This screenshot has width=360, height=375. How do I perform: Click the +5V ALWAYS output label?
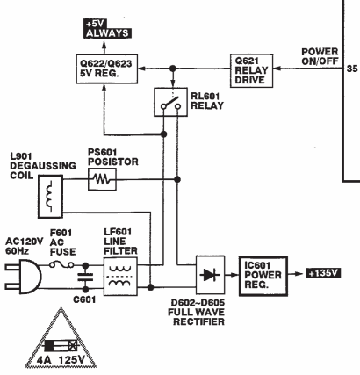tap(107, 29)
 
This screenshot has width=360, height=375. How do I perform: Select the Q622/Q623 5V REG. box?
tap(107, 69)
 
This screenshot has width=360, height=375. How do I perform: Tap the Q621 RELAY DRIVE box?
tap(252, 70)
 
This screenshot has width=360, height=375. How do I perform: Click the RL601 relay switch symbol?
tap(171, 102)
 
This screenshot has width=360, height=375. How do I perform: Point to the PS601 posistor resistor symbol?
tap(102, 179)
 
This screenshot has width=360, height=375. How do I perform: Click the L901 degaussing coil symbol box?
tap(50, 197)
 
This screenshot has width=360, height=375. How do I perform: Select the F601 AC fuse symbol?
tap(61, 265)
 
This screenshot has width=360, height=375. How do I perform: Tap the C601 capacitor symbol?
tap(85, 278)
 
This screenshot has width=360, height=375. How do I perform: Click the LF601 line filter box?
tap(120, 277)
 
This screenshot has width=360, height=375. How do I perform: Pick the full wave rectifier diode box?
tap(211, 275)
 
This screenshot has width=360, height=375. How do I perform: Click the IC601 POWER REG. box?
tap(263, 277)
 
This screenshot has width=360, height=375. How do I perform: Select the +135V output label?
tap(324, 273)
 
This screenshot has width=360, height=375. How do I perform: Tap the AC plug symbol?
tap(24, 277)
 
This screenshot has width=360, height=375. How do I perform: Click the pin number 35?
tap(352, 69)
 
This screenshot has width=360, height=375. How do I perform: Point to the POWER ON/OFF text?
tap(320, 56)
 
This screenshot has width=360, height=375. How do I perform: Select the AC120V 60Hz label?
tap(25, 246)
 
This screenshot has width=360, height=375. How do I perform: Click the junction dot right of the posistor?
tap(177, 179)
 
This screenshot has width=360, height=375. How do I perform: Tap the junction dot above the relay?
tap(173, 69)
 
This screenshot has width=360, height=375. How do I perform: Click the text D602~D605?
tap(198, 302)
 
